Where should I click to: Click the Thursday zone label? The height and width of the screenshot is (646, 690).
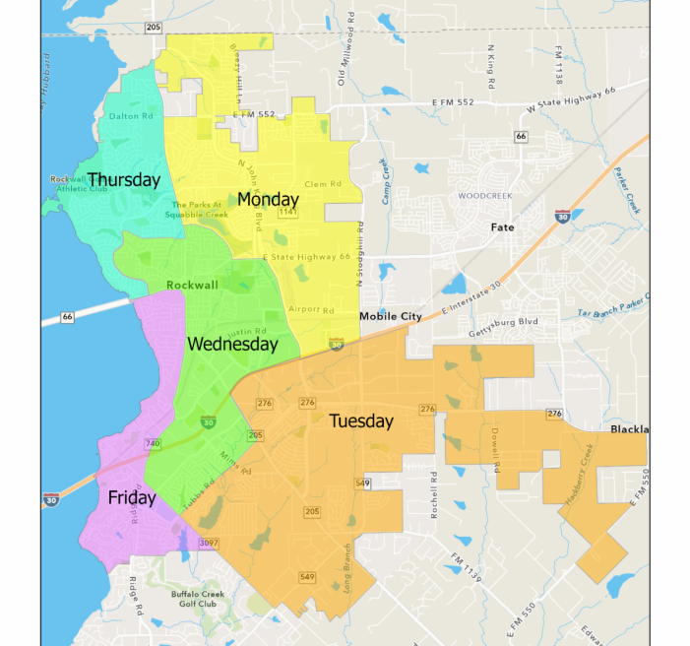click(123, 180)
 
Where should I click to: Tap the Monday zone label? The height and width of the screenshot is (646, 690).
click(268, 200)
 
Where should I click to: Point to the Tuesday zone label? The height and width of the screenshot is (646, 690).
click(361, 421)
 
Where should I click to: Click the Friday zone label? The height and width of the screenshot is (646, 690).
click(132, 498)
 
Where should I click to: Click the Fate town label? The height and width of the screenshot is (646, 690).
click(503, 227)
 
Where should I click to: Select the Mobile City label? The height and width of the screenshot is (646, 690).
click(390, 316)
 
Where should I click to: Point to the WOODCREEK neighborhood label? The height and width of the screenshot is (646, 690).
click(485, 196)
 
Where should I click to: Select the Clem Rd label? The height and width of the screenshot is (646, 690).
click(322, 184)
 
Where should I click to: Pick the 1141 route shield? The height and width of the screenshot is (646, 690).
click(288, 212)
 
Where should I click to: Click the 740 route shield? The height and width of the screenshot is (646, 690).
click(153, 445)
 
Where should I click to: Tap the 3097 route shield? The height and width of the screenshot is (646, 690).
click(209, 543)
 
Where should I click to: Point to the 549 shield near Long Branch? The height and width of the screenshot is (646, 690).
click(308, 576)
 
